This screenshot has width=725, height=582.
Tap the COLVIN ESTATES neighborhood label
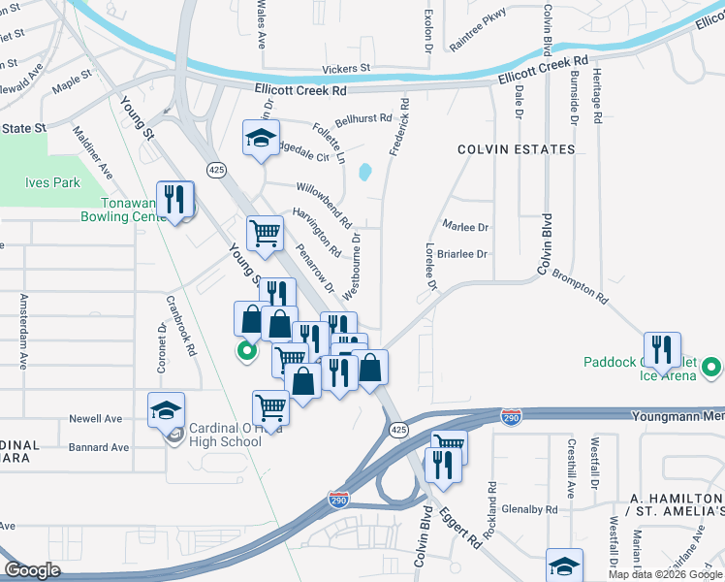click(505, 149)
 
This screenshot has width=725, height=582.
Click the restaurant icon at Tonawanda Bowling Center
click(175, 199)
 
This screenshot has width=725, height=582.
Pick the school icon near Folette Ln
click(261, 138)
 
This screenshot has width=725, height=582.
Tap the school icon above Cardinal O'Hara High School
click(167, 409)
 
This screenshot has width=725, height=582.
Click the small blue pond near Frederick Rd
click(365, 173)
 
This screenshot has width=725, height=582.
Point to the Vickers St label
click(346, 69)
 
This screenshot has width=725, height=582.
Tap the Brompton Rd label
click(580, 287)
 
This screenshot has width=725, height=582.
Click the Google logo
click(32, 570)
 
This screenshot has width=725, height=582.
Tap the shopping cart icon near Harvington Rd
click(265, 233)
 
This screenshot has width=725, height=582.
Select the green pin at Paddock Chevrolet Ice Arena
click(711, 368)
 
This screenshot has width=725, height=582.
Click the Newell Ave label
click(95, 419)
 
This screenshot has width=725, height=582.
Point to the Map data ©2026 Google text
click(665, 574)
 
